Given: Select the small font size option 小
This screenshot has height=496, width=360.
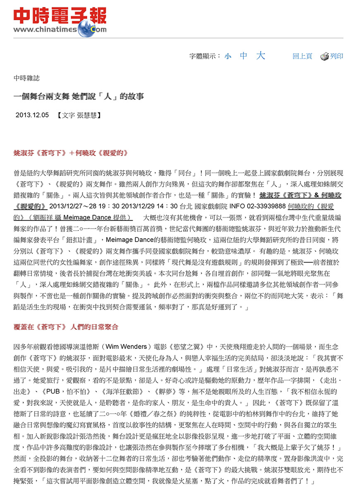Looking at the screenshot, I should [x=228, y=57].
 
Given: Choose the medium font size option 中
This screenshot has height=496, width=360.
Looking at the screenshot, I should [x=244, y=56].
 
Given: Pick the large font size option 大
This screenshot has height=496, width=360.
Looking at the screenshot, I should [x=260, y=56].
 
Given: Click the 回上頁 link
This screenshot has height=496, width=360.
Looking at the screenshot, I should [x=302, y=56].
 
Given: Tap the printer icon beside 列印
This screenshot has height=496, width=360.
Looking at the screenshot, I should [x=324, y=57].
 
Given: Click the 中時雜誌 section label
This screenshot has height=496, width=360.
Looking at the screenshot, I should [x=26, y=78].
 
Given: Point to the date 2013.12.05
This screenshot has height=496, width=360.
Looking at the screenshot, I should [x=32, y=115].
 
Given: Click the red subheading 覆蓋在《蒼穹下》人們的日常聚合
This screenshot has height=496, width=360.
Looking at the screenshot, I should [x=66, y=327].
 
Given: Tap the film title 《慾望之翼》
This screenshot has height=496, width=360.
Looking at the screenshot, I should [x=196, y=347].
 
